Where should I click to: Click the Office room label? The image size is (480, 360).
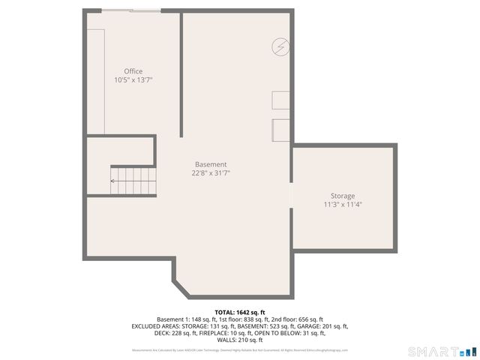[133, 72]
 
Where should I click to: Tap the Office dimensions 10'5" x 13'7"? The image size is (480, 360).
[133, 79]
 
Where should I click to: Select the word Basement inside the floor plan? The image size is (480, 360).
[211, 164]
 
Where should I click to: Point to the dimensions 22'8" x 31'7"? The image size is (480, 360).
[211, 172]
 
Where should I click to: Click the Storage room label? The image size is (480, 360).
[343, 196]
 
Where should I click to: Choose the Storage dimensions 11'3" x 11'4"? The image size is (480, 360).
[343, 204]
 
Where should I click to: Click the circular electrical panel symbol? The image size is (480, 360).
[280, 47]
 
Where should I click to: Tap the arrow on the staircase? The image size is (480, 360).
[114, 181]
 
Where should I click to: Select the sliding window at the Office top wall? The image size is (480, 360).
[131, 10]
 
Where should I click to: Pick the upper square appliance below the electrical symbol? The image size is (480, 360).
[280, 102]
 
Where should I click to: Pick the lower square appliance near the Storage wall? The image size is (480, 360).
[280, 130]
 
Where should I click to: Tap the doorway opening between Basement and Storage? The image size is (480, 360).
[292, 194]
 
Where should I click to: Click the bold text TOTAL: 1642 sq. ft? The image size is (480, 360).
[240, 312]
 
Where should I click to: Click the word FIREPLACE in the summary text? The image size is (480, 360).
[211, 333]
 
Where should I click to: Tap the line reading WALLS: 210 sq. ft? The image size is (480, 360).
[240, 340]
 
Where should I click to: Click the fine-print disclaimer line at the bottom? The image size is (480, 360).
[240, 350]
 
